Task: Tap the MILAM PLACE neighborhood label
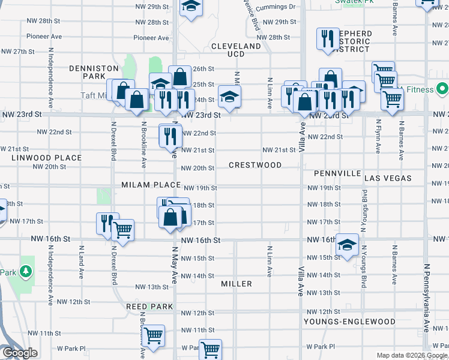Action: (151, 185)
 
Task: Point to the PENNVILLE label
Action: (336, 173)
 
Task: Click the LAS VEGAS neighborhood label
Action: (388, 178)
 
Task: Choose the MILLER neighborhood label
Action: (236, 283)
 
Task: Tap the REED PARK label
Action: (149, 307)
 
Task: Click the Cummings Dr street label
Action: (276, 8)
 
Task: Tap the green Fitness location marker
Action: (442, 90)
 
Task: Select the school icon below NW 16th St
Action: (346, 245)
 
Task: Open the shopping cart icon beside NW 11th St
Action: (153, 335)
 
